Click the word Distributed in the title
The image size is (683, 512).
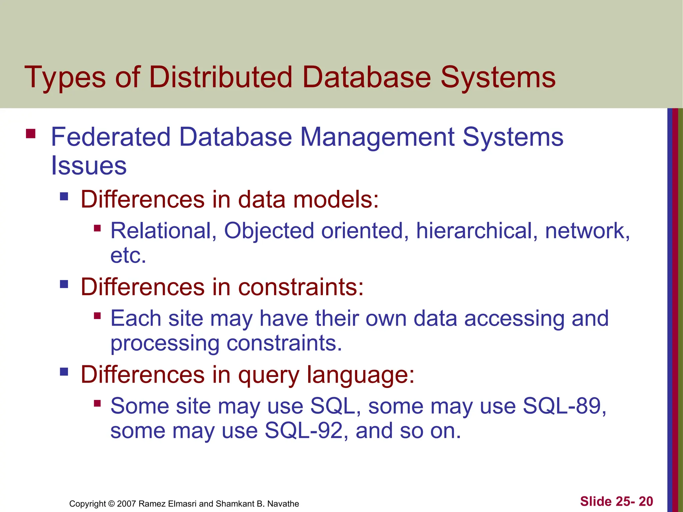pos(220,77)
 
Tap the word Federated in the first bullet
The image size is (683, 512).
pos(110,137)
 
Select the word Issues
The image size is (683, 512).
pos(89,166)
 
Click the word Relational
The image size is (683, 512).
pos(163,231)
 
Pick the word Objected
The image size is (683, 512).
pos(269,231)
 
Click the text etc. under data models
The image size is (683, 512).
pos(128,256)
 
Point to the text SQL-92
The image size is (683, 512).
pos(304,431)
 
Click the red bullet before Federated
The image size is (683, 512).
pos(31,134)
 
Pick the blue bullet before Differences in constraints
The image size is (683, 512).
pos(64,284)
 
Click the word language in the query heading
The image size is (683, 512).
pos(360,375)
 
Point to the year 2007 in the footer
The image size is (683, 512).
pos(126,504)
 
